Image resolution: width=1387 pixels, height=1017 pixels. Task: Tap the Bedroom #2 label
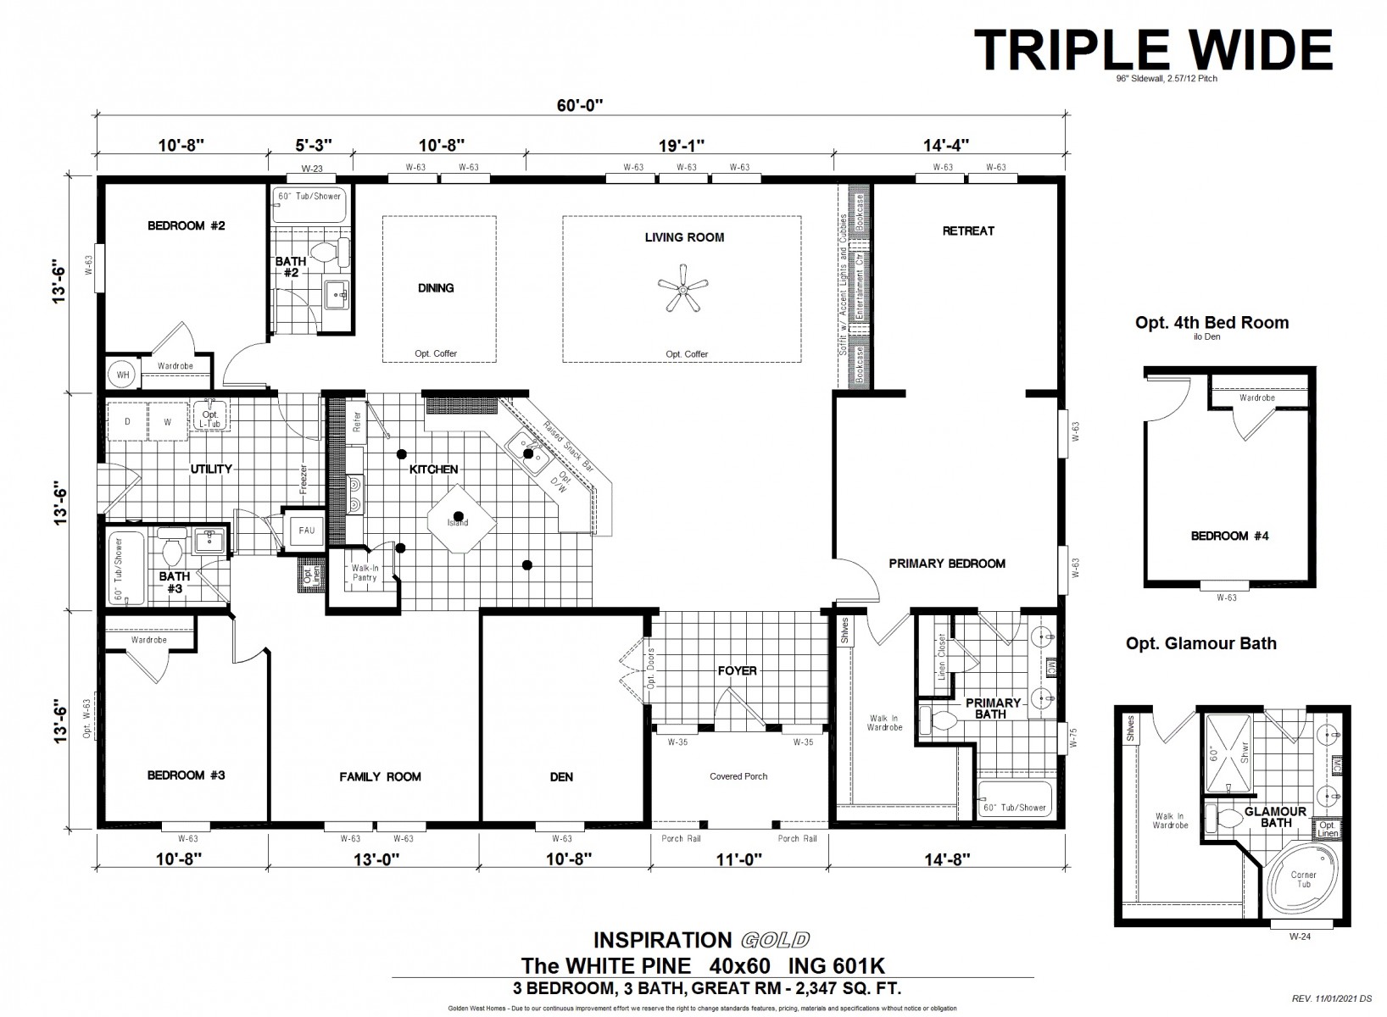pyautogui.click(x=186, y=225)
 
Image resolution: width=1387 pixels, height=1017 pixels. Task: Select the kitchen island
pyautogui.click(x=460, y=519)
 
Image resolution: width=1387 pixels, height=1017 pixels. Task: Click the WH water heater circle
pyautogui.click(x=122, y=374)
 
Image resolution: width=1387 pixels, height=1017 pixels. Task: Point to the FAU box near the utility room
pyautogui.click(x=306, y=531)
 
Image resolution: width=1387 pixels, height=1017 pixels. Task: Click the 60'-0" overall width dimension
pyautogui.click(x=580, y=105)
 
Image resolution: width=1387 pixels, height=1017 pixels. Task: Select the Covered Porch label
pyautogui.click(x=738, y=776)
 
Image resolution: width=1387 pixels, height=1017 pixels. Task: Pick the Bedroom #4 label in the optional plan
pyautogui.click(x=1219, y=536)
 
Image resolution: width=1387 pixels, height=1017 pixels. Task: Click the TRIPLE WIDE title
pyautogui.click(x=1152, y=49)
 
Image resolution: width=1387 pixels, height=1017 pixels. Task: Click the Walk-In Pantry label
pyautogui.click(x=365, y=573)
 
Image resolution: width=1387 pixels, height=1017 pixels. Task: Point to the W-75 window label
pyautogui.click(x=1072, y=737)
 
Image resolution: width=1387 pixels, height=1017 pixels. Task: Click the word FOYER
pyautogui.click(x=737, y=670)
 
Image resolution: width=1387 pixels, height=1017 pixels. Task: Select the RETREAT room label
pyautogui.click(x=968, y=231)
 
